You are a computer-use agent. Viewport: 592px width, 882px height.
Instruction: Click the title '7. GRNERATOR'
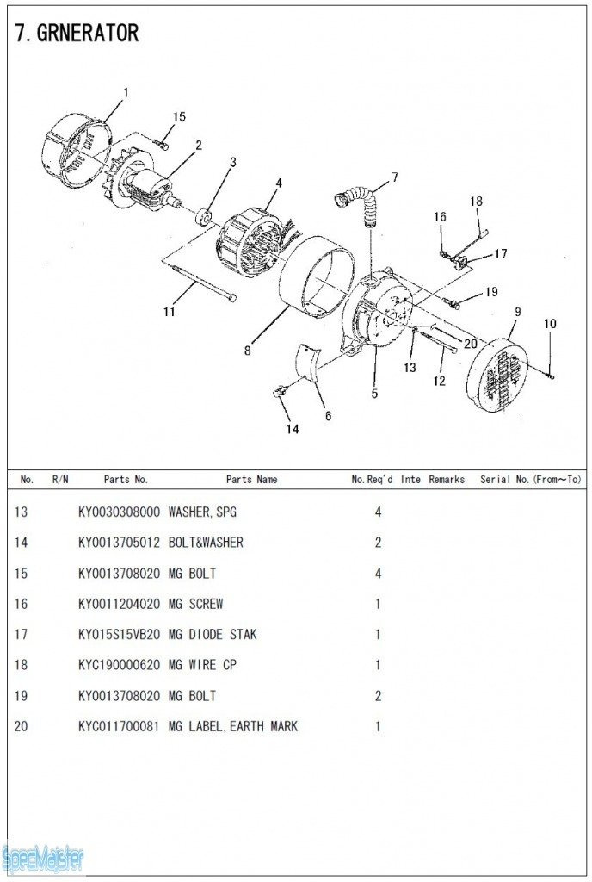pyautogui.click(x=77, y=34)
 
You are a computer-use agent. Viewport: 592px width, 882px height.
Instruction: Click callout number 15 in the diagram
pyautogui.click(x=179, y=117)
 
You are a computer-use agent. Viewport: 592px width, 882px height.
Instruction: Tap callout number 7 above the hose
pyautogui.click(x=395, y=177)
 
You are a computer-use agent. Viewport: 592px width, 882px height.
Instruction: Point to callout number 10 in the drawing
pyautogui.click(x=550, y=324)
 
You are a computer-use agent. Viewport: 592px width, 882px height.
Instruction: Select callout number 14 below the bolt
pyautogui.click(x=293, y=429)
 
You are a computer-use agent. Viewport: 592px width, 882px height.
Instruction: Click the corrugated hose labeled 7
pyautogui.click(x=359, y=203)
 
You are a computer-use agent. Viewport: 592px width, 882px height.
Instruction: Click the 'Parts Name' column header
pyautogui.click(x=251, y=480)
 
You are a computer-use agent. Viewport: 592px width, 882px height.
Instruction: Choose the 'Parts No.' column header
pyautogui.click(x=126, y=480)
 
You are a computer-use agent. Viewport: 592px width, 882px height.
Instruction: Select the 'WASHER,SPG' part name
pyautogui.click(x=202, y=512)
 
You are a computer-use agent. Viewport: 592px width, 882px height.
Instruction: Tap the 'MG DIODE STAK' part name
pyautogui.click(x=213, y=635)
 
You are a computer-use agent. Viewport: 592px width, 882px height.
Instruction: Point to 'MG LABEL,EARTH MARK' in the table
pyautogui.click(x=233, y=727)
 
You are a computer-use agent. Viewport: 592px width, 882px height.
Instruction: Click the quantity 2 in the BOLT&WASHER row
pyautogui.click(x=378, y=543)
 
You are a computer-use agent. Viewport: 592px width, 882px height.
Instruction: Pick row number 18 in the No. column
pyautogui.click(x=22, y=666)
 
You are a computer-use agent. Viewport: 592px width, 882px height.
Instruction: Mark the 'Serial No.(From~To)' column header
pyautogui.click(x=530, y=480)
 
